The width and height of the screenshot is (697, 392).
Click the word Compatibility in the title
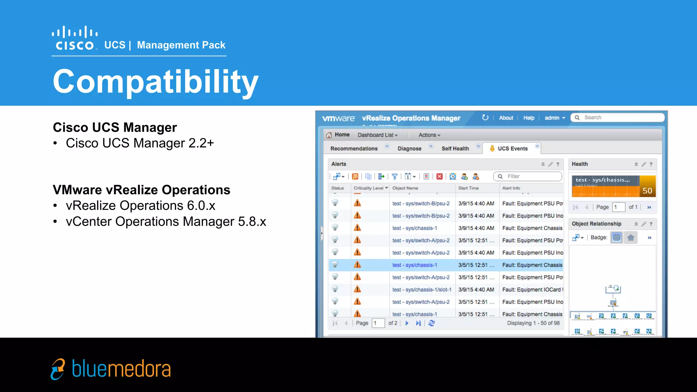(156, 82)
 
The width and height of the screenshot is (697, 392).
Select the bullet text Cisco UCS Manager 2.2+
(140, 143)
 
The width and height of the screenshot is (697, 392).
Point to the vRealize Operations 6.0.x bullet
(140, 206)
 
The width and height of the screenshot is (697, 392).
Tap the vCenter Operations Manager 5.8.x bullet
(166, 222)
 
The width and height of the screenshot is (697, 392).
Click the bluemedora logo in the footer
(111, 369)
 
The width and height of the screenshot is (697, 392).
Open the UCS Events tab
(512, 149)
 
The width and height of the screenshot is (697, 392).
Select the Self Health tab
(455, 149)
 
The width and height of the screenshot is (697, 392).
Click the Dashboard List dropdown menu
(377, 135)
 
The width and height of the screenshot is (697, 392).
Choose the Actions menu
(429, 135)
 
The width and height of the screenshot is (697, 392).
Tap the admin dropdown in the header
(554, 118)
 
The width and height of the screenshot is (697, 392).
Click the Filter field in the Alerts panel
(531, 176)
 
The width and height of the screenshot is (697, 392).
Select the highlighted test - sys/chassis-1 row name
(414, 265)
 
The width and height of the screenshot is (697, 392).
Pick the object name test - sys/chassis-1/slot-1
(422, 290)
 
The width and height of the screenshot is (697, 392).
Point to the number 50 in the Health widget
(647, 191)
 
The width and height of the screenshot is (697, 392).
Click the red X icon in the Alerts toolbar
(439, 176)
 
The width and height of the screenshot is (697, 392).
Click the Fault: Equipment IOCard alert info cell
(532, 290)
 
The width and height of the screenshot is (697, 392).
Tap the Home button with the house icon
(338, 135)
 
